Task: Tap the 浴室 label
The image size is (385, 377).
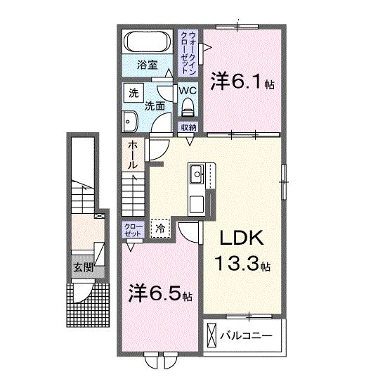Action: [x=146, y=66]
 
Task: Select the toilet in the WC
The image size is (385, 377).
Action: [x=188, y=106]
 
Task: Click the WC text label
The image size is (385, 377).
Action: [x=188, y=91]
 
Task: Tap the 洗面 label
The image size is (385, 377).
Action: [x=155, y=106]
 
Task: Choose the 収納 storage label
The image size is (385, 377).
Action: [x=188, y=127]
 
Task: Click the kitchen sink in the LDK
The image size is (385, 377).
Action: [x=196, y=172]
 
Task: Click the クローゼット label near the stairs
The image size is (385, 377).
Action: [x=133, y=229]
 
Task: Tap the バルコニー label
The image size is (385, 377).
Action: [x=247, y=334]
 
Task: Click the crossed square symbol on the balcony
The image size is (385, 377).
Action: [x=212, y=335]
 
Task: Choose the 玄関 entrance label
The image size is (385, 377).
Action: [x=80, y=267]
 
